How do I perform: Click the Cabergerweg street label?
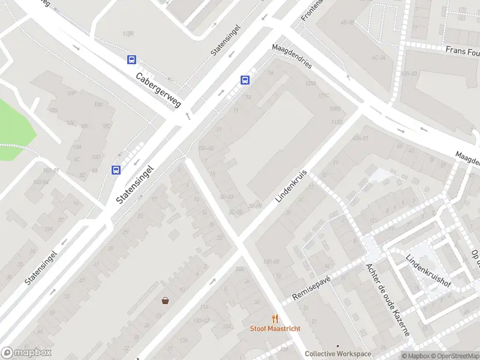click(x=158, y=91)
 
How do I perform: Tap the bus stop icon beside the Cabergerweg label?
click(x=131, y=59)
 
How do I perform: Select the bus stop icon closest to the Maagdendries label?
click(x=245, y=80)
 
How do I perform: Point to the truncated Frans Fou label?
click(x=463, y=51)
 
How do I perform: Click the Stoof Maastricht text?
click(x=275, y=329)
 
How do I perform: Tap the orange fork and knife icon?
click(x=275, y=319)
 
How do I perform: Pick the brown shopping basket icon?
click(x=165, y=301)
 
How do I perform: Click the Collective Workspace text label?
click(x=338, y=354)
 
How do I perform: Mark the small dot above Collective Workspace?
click(x=338, y=346)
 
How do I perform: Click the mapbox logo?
click(x=26, y=353)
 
